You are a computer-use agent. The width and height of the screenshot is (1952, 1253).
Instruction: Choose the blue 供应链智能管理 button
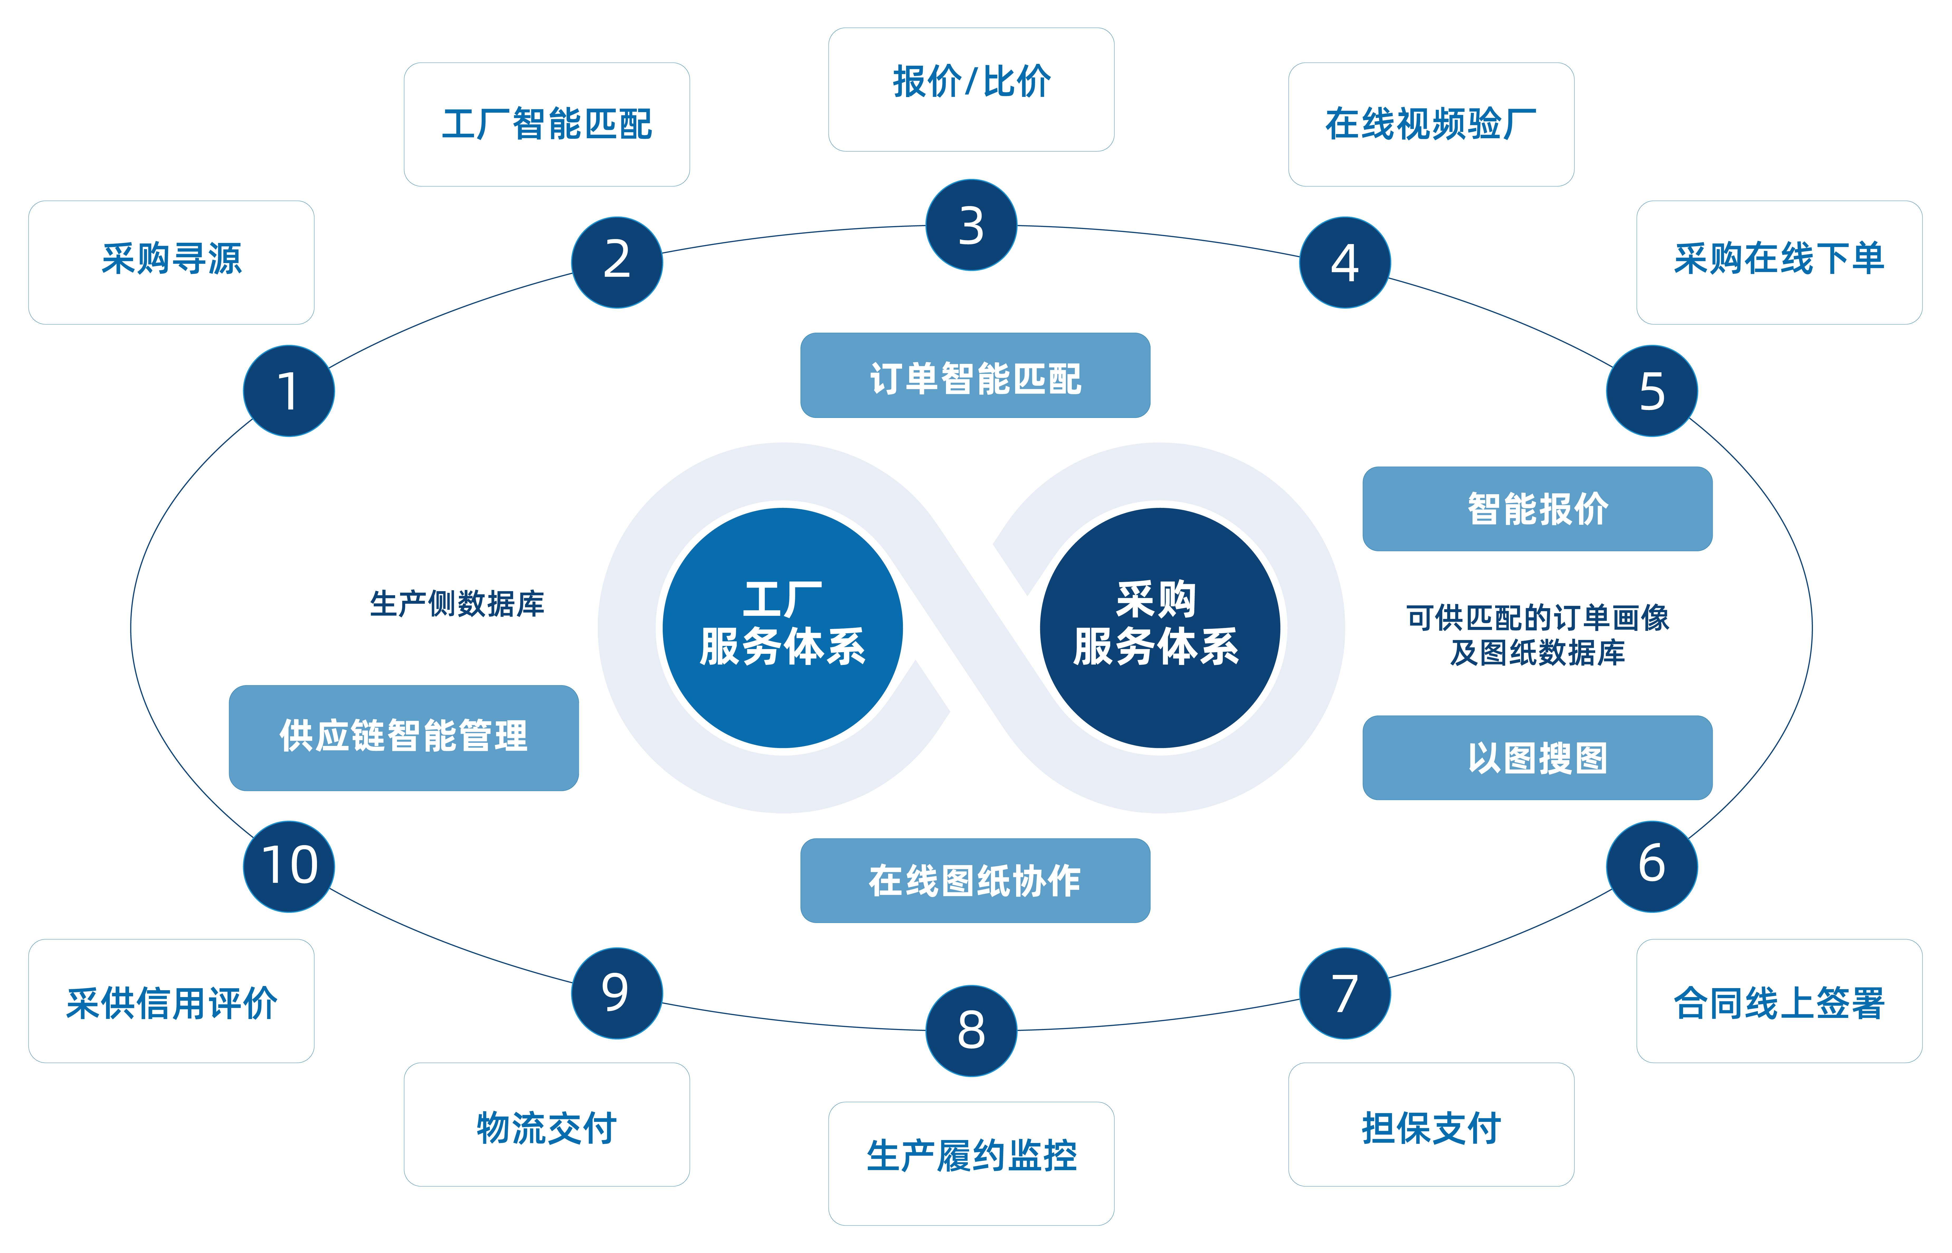(404, 737)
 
